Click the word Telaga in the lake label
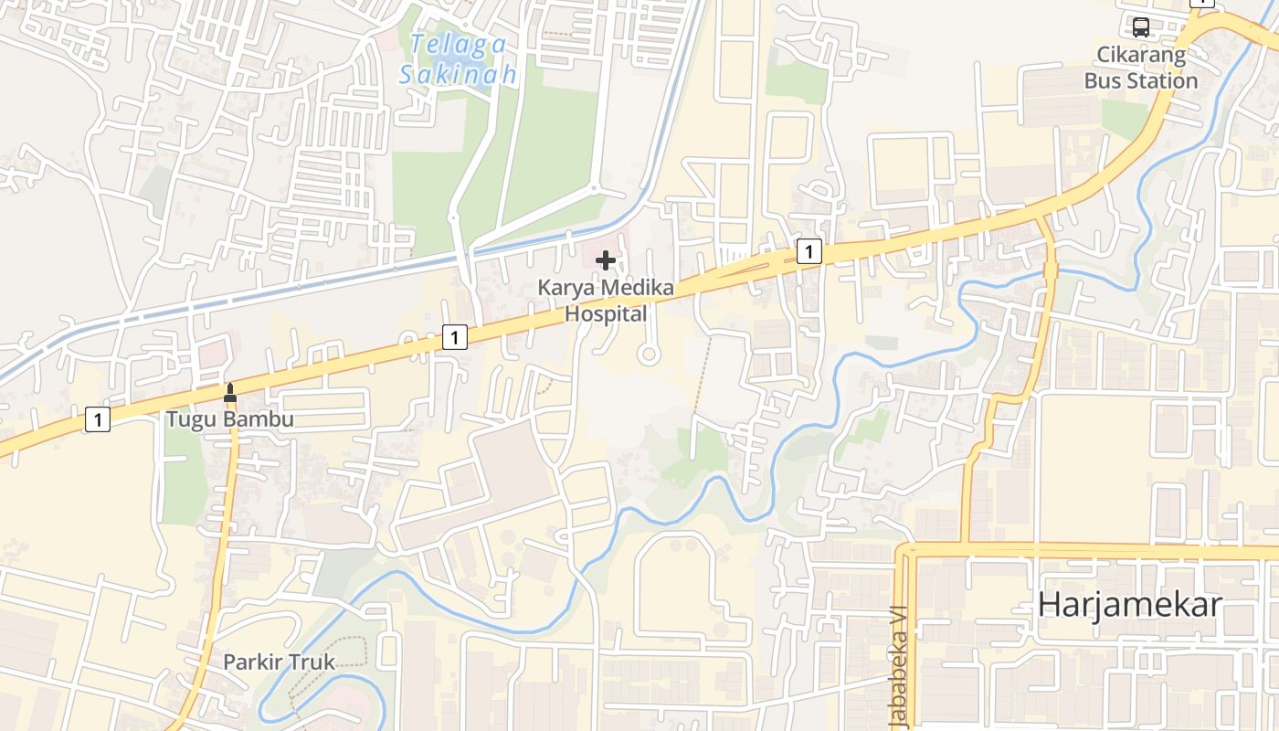445,43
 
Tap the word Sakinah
458,74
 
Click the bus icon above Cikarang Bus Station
1141,26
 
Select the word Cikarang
1141,55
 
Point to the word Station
1162,81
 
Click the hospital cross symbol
605,261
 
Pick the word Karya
565,288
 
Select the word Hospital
606,314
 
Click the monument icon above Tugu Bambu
229,393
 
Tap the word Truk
310,662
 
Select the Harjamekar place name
1130,605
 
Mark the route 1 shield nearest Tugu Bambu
98,420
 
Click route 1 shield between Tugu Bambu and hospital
455,338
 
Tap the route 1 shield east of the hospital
809,251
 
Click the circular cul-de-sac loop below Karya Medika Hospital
649,355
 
